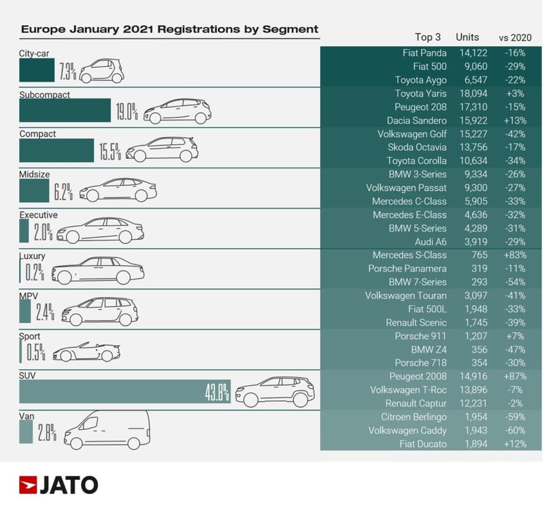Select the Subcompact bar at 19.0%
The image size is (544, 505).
[65, 111]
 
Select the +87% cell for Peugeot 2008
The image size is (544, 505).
[512, 376]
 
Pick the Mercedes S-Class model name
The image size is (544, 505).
[409, 255]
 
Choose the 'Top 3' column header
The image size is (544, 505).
[428, 37]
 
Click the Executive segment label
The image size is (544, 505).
[38, 215]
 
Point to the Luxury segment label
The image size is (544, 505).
[33, 256]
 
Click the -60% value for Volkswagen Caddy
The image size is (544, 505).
[512, 430]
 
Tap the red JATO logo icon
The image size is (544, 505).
[28, 485]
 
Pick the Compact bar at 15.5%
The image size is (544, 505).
[56, 151]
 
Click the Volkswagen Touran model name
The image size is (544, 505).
[406, 296]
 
